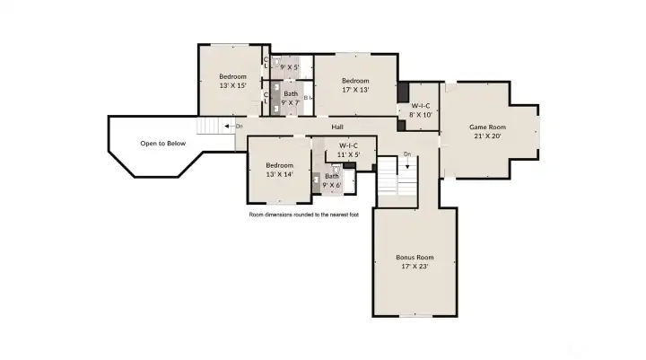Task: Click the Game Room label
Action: [x=488, y=127]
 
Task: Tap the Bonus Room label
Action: [x=415, y=258]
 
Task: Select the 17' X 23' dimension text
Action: [x=415, y=268]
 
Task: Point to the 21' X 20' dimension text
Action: [x=488, y=137]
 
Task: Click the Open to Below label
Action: [x=162, y=143]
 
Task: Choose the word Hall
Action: [x=337, y=127]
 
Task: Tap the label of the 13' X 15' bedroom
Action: [x=232, y=76]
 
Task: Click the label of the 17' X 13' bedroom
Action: [x=355, y=80]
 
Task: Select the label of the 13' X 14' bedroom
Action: [x=279, y=165]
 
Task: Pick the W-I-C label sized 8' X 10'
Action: [x=422, y=106]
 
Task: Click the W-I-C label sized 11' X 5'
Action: [x=348, y=145]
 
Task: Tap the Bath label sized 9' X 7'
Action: [x=291, y=93]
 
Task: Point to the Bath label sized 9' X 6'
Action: [x=332, y=176]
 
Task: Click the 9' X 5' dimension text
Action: [x=291, y=66]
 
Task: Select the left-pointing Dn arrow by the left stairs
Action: [x=229, y=126]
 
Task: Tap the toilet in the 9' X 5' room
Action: [x=276, y=63]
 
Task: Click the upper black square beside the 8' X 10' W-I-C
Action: [x=403, y=90]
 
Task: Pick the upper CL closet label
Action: [x=266, y=64]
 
